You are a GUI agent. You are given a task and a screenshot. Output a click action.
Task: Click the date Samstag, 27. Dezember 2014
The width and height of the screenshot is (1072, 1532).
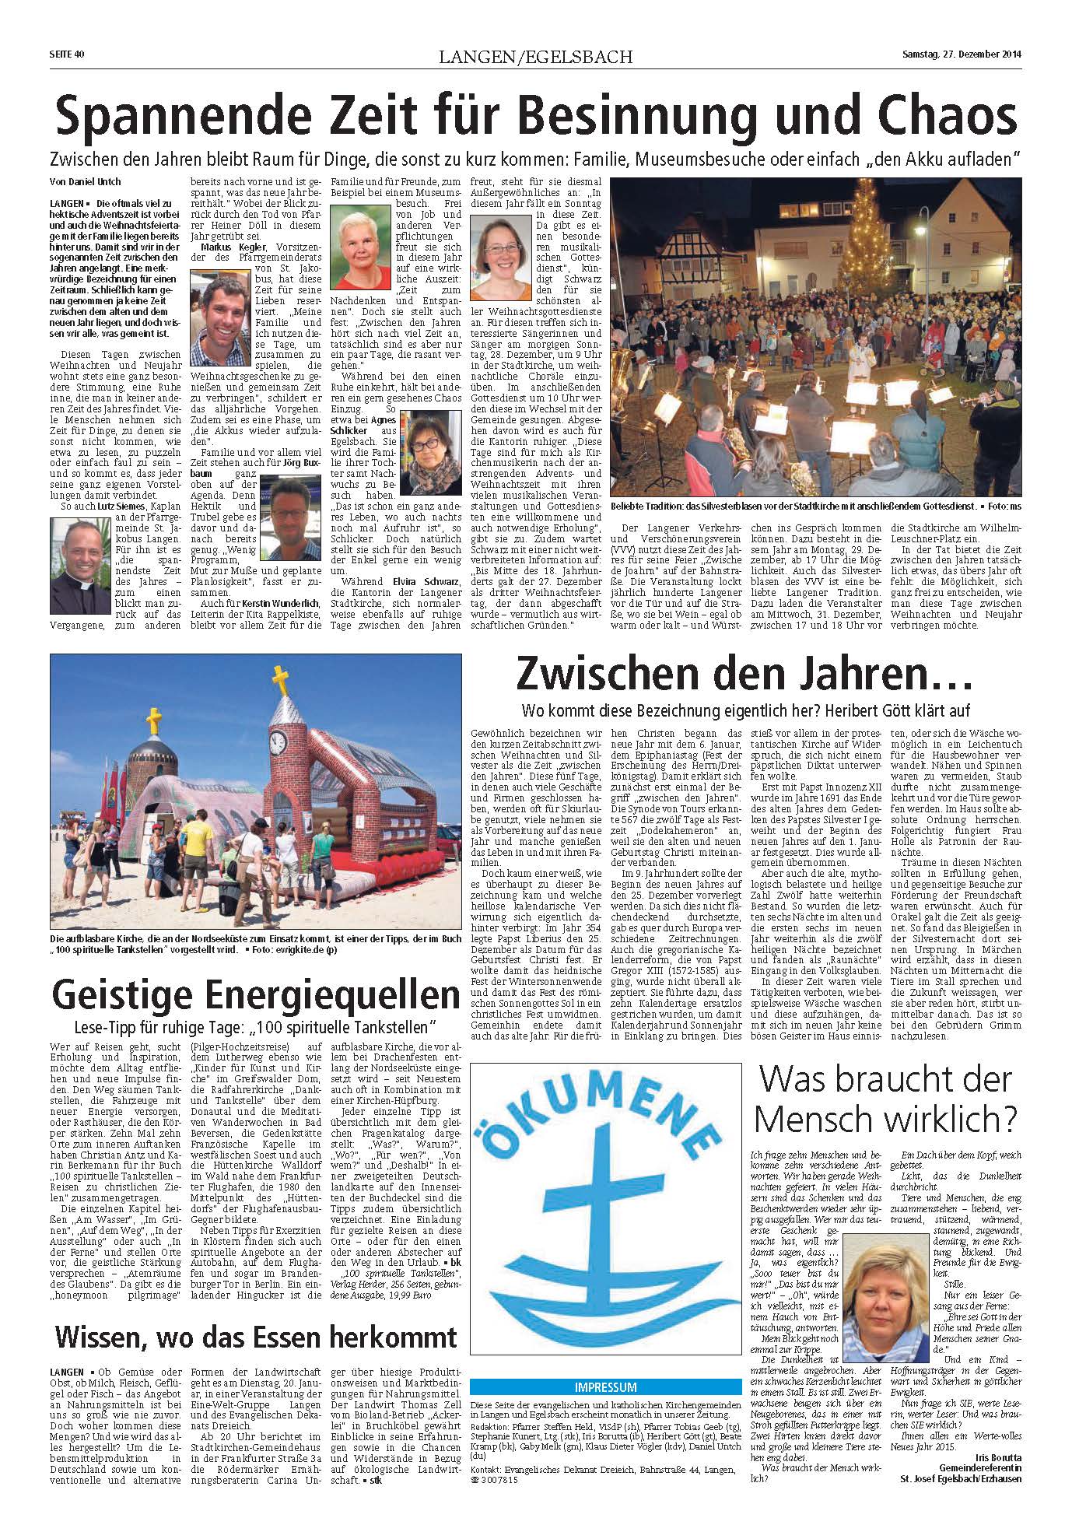tap(962, 54)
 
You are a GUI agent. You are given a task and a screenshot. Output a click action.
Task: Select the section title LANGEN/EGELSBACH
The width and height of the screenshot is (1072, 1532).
tap(535, 56)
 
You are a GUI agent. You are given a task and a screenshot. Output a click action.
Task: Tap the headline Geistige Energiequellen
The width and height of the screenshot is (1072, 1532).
tap(255, 995)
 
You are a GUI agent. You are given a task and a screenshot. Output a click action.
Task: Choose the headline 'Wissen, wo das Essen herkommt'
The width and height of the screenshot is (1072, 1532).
tap(255, 1338)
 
